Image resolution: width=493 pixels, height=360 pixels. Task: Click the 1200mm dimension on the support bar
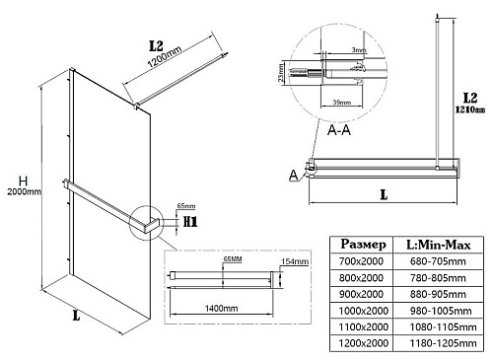coord(165,56)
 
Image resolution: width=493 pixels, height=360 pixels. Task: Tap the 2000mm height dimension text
coord(24,191)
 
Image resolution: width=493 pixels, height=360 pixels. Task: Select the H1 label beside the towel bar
coord(190,222)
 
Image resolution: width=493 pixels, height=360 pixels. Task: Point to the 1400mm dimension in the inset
coord(221,309)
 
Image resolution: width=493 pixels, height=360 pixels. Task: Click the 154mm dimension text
coord(295,261)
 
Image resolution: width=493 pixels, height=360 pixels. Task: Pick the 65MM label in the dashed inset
coord(233,259)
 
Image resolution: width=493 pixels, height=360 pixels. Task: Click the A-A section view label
coord(339,130)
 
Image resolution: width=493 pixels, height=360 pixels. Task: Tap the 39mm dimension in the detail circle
coord(342,103)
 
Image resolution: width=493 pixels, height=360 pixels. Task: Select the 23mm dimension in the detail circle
coord(281,73)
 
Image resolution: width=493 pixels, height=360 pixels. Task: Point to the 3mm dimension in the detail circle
coord(359,50)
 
